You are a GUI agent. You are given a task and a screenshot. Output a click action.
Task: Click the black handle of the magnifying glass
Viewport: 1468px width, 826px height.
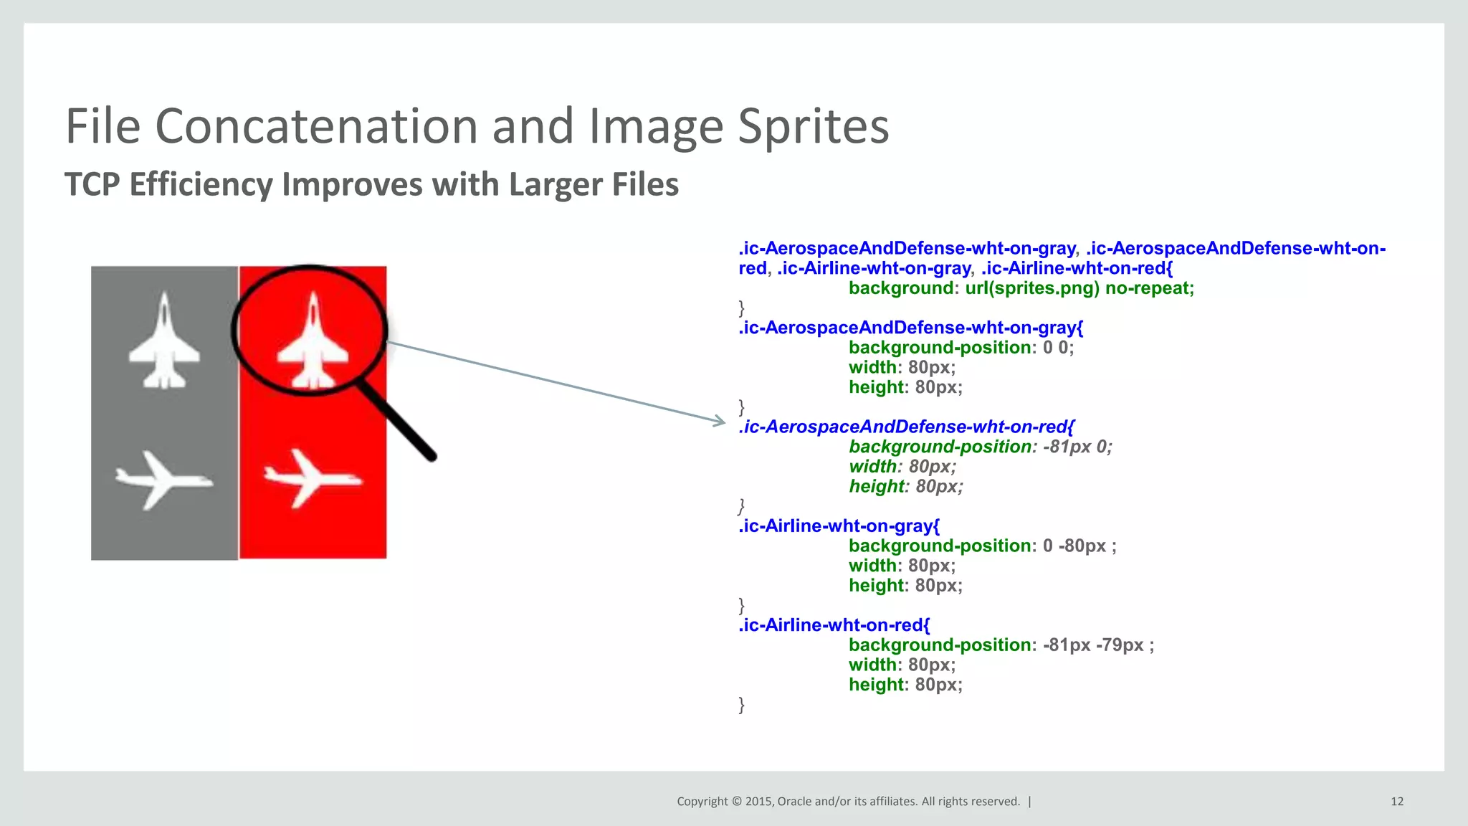399,422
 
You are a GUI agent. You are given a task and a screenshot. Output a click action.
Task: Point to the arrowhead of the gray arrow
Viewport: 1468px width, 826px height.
720,422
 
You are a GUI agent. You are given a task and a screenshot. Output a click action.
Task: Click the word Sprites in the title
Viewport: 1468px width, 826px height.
813,126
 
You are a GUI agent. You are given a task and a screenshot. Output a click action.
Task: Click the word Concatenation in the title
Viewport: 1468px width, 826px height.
317,126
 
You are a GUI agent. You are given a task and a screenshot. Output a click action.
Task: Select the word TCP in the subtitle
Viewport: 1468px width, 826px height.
92,184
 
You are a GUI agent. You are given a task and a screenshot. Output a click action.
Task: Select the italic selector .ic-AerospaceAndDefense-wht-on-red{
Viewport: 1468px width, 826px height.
906,427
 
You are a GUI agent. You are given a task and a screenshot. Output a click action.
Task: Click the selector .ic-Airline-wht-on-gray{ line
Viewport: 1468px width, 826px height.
839,526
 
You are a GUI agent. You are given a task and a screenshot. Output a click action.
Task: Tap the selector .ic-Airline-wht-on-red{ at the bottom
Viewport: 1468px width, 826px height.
834,625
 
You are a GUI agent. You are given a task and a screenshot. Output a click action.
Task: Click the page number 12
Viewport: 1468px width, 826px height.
1396,802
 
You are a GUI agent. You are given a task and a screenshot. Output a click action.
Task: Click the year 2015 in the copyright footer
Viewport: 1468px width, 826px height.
758,802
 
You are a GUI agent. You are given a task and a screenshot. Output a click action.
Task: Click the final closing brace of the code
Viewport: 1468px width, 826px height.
742,705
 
